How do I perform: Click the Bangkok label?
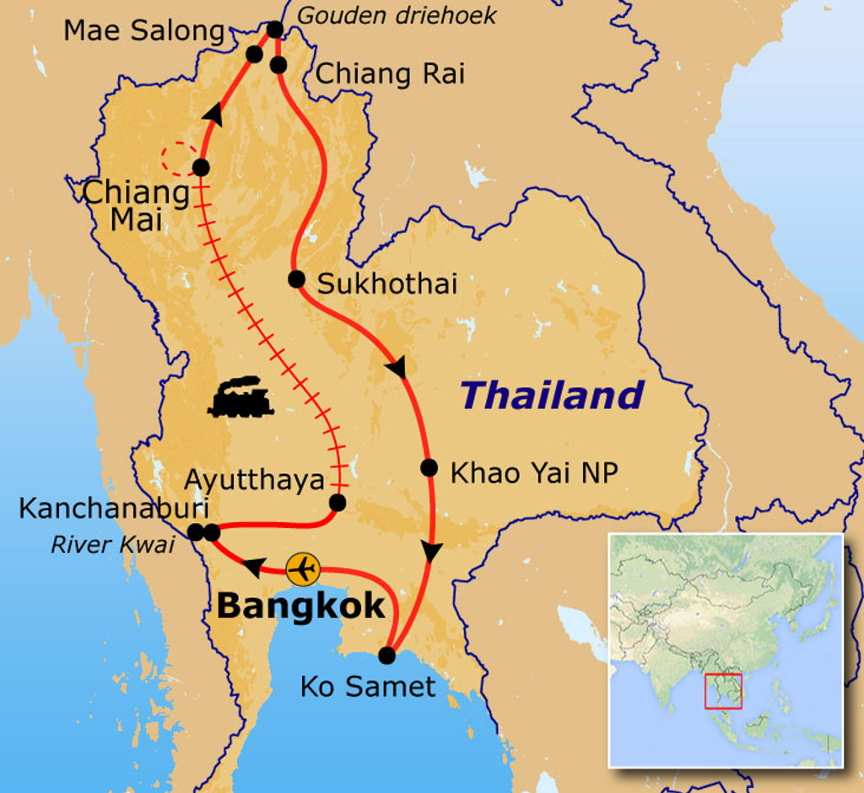301,606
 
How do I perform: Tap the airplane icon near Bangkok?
302,569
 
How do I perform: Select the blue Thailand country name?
553,395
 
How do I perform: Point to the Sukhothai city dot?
296,278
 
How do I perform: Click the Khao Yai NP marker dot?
429,467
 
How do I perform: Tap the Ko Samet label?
368,687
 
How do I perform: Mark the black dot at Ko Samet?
386,655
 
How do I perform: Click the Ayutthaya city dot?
337,503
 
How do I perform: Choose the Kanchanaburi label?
114,509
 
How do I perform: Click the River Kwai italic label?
112,545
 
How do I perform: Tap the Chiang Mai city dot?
201,167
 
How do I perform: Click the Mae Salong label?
144,31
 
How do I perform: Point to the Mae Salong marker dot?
254,54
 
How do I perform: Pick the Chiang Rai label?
390,74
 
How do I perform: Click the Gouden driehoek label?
397,15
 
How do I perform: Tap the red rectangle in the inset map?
723,691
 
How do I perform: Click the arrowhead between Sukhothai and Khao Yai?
397,368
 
